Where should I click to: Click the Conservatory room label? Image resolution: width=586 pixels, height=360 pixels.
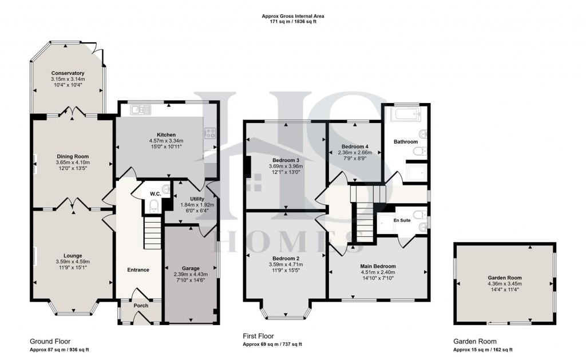pos(68,73)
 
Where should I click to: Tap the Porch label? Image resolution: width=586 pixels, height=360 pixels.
pos(141,306)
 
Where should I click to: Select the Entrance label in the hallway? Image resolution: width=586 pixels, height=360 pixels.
pos(138,270)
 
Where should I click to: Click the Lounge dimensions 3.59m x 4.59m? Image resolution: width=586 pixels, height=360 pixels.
pos(73,262)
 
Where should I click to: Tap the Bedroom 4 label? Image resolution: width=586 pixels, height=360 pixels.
pos(354,147)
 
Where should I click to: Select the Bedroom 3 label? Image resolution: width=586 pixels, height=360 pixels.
pos(286,160)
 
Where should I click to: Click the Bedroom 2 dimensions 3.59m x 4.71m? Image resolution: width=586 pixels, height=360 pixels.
pos(286,264)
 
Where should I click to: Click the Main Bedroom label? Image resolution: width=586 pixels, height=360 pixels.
pos(378,266)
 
